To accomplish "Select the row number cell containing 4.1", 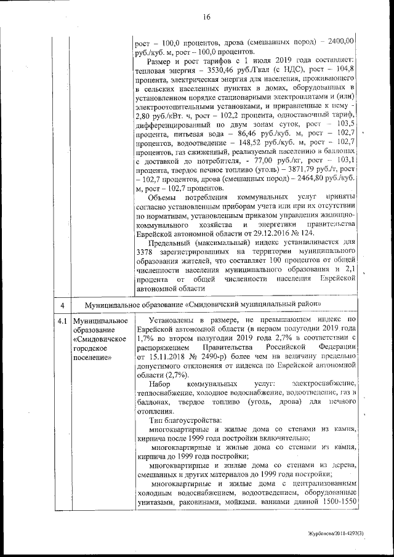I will [x=62, y=321].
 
